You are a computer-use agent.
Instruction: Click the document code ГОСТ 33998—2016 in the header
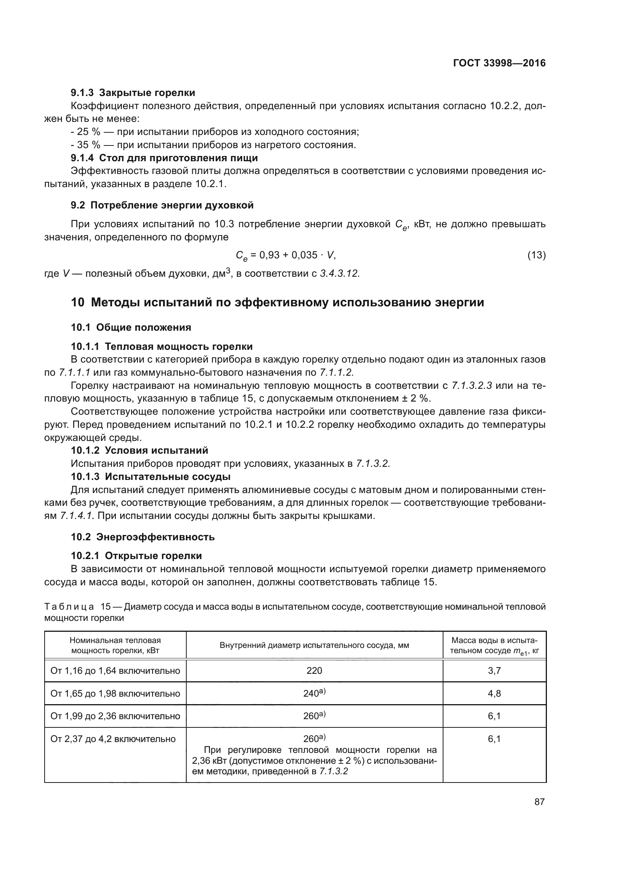click(x=499, y=63)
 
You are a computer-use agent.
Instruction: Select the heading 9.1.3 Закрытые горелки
click(x=133, y=93)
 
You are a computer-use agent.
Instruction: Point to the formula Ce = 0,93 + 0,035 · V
click(x=286, y=255)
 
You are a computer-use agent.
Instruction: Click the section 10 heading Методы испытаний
click(x=277, y=303)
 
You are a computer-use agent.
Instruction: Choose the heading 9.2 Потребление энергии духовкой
click(x=162, y=205)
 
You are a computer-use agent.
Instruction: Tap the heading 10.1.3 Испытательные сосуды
click(x=150, y=477)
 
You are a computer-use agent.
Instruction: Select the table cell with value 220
click(x=314, y=671)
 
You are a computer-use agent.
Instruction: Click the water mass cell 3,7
click(x=494, y=671)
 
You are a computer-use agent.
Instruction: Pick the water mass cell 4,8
click(x=494, y=693)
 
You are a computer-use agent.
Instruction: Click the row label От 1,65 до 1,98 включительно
click(x=115, y=693)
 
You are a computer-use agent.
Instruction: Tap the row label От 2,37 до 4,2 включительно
click(x=113, y=739)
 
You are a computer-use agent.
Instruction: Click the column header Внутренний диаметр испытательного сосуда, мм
click(x=314, y=646)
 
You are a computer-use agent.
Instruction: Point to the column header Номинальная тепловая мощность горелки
click(x=115, y=646)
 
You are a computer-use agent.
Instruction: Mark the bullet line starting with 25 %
click(x=214, y=132)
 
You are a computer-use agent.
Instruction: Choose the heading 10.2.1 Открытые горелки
click(x=136, y=556)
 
